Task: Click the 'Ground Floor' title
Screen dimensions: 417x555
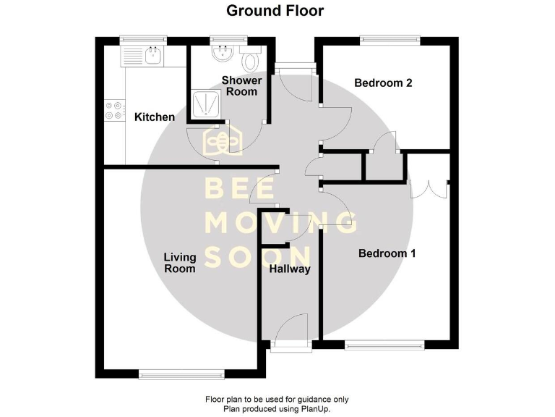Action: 275,11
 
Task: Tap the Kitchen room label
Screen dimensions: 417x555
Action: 155,117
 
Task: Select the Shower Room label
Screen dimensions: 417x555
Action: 241,85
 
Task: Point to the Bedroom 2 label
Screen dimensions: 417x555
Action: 383,83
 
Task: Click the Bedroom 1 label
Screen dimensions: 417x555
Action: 387,253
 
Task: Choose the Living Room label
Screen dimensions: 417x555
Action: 179,262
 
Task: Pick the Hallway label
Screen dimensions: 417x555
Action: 289,269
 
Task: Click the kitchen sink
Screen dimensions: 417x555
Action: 152,54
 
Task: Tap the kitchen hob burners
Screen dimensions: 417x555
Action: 113,110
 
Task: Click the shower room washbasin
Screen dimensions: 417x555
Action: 220,52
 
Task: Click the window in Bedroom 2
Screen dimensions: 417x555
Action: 391,40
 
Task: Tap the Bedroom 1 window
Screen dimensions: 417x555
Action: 385,345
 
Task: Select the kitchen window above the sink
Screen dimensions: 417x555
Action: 143,40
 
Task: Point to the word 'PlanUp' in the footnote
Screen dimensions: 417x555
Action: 313,409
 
